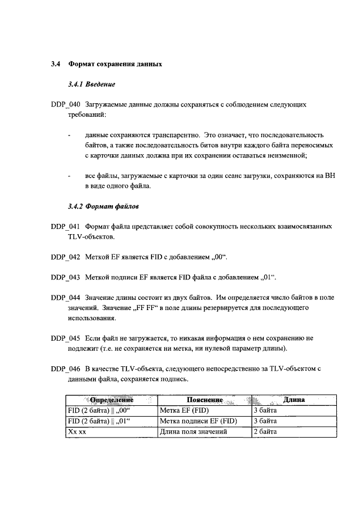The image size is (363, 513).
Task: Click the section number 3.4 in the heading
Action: pyautogui.click(x=56, y=64)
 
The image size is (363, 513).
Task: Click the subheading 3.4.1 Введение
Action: pyautogui.click(x=91, y=84)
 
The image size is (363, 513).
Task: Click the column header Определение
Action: pyautogui.click(x=111, y=400)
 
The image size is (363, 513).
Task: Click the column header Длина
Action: pyautogui.click(x=294, y=400)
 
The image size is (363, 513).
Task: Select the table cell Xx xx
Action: pyautogui.click(x=76, y=432)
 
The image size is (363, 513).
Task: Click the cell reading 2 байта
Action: pyautogui.click(x=265, y=432)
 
